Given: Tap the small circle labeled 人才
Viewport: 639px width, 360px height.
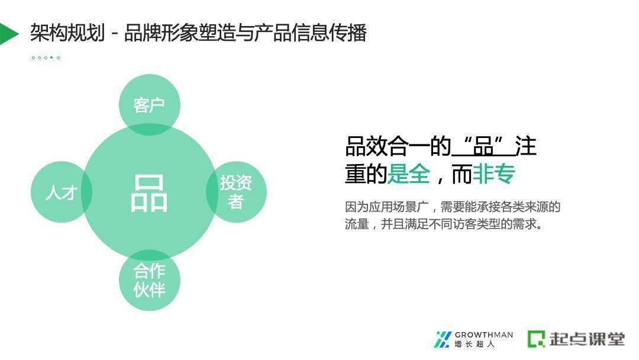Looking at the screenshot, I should click(x=61, y=192).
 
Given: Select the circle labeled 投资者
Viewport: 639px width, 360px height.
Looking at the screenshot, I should click(x=236, y=192).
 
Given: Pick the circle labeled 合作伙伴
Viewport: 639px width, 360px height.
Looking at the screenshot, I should click(x=149, y=280).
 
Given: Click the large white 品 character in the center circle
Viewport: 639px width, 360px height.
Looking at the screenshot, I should click(x=149, y=193).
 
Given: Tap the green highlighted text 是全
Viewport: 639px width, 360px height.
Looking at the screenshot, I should click(x=408, y=174).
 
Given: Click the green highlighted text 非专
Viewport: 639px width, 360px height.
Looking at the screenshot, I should click(x=493, y=174).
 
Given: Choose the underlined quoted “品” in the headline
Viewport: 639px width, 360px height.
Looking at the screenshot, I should click(x=483, y=146).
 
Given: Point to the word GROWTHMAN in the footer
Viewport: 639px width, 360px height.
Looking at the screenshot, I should click(x=483, y=335).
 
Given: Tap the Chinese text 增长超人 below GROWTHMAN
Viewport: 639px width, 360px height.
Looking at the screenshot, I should click(x=474, y=344).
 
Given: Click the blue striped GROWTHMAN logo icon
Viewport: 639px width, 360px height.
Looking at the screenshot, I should click(x=443, y=339).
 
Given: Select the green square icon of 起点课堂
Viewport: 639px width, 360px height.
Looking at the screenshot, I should click(x=537, y=339).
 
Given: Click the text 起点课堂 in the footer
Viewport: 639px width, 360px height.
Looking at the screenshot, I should click(x=586, y=339).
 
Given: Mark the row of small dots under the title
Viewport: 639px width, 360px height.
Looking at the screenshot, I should click(x=46, y=57).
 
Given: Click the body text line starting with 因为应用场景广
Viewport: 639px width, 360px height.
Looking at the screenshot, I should click(x=453, y=207).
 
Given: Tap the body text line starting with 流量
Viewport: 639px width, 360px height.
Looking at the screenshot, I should click(x=444, y=224).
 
